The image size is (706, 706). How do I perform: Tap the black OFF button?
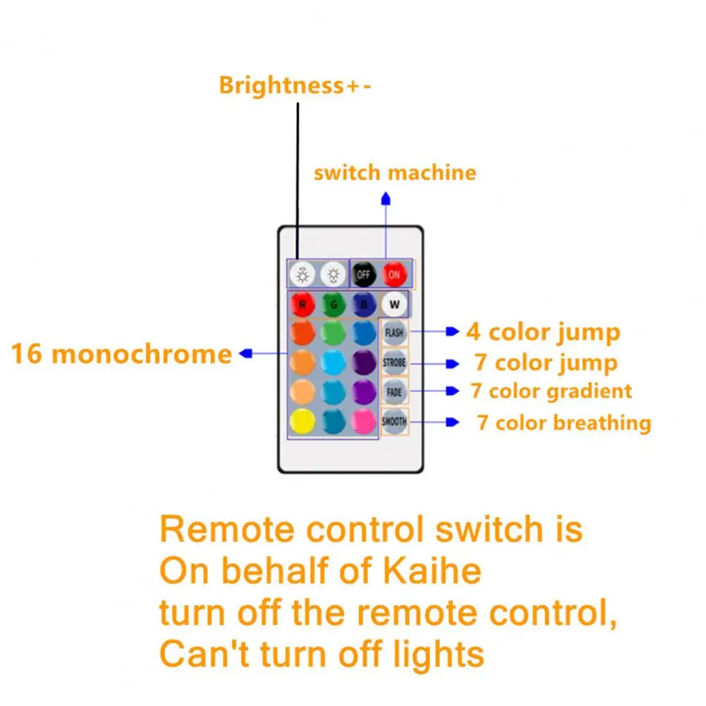pyautogui.click(x=364, y=274)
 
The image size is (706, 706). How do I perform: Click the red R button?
pyautogui.click(x=302, y=305)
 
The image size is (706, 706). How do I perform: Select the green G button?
pyautogui.click(x=333, y=305)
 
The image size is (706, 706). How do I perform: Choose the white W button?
pyautogui.click(x=394, y=305)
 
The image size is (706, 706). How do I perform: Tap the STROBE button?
pyautogui.click(x=394, y=363)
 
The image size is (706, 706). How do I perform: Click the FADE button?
pyautogui.click(x=394, y=391)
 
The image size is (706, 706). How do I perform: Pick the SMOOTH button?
pyautogui.click(x=394, y=422)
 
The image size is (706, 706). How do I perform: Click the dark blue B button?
pyautogui.click(x=364, y=305)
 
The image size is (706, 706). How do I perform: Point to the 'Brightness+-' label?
pyautogui.click(x=295, y=85)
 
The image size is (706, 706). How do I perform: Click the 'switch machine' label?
pyautogui.click(x=395, y=173)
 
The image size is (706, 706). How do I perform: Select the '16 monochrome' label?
pyautogui.click(x=121, y=354)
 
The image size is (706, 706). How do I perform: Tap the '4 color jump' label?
pyautogui.click(x=543, y=331)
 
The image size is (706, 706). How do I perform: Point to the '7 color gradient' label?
pyautogui.click(x=552, y=391)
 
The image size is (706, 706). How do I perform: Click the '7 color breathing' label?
pyautogui.click(x=564, y=423)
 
